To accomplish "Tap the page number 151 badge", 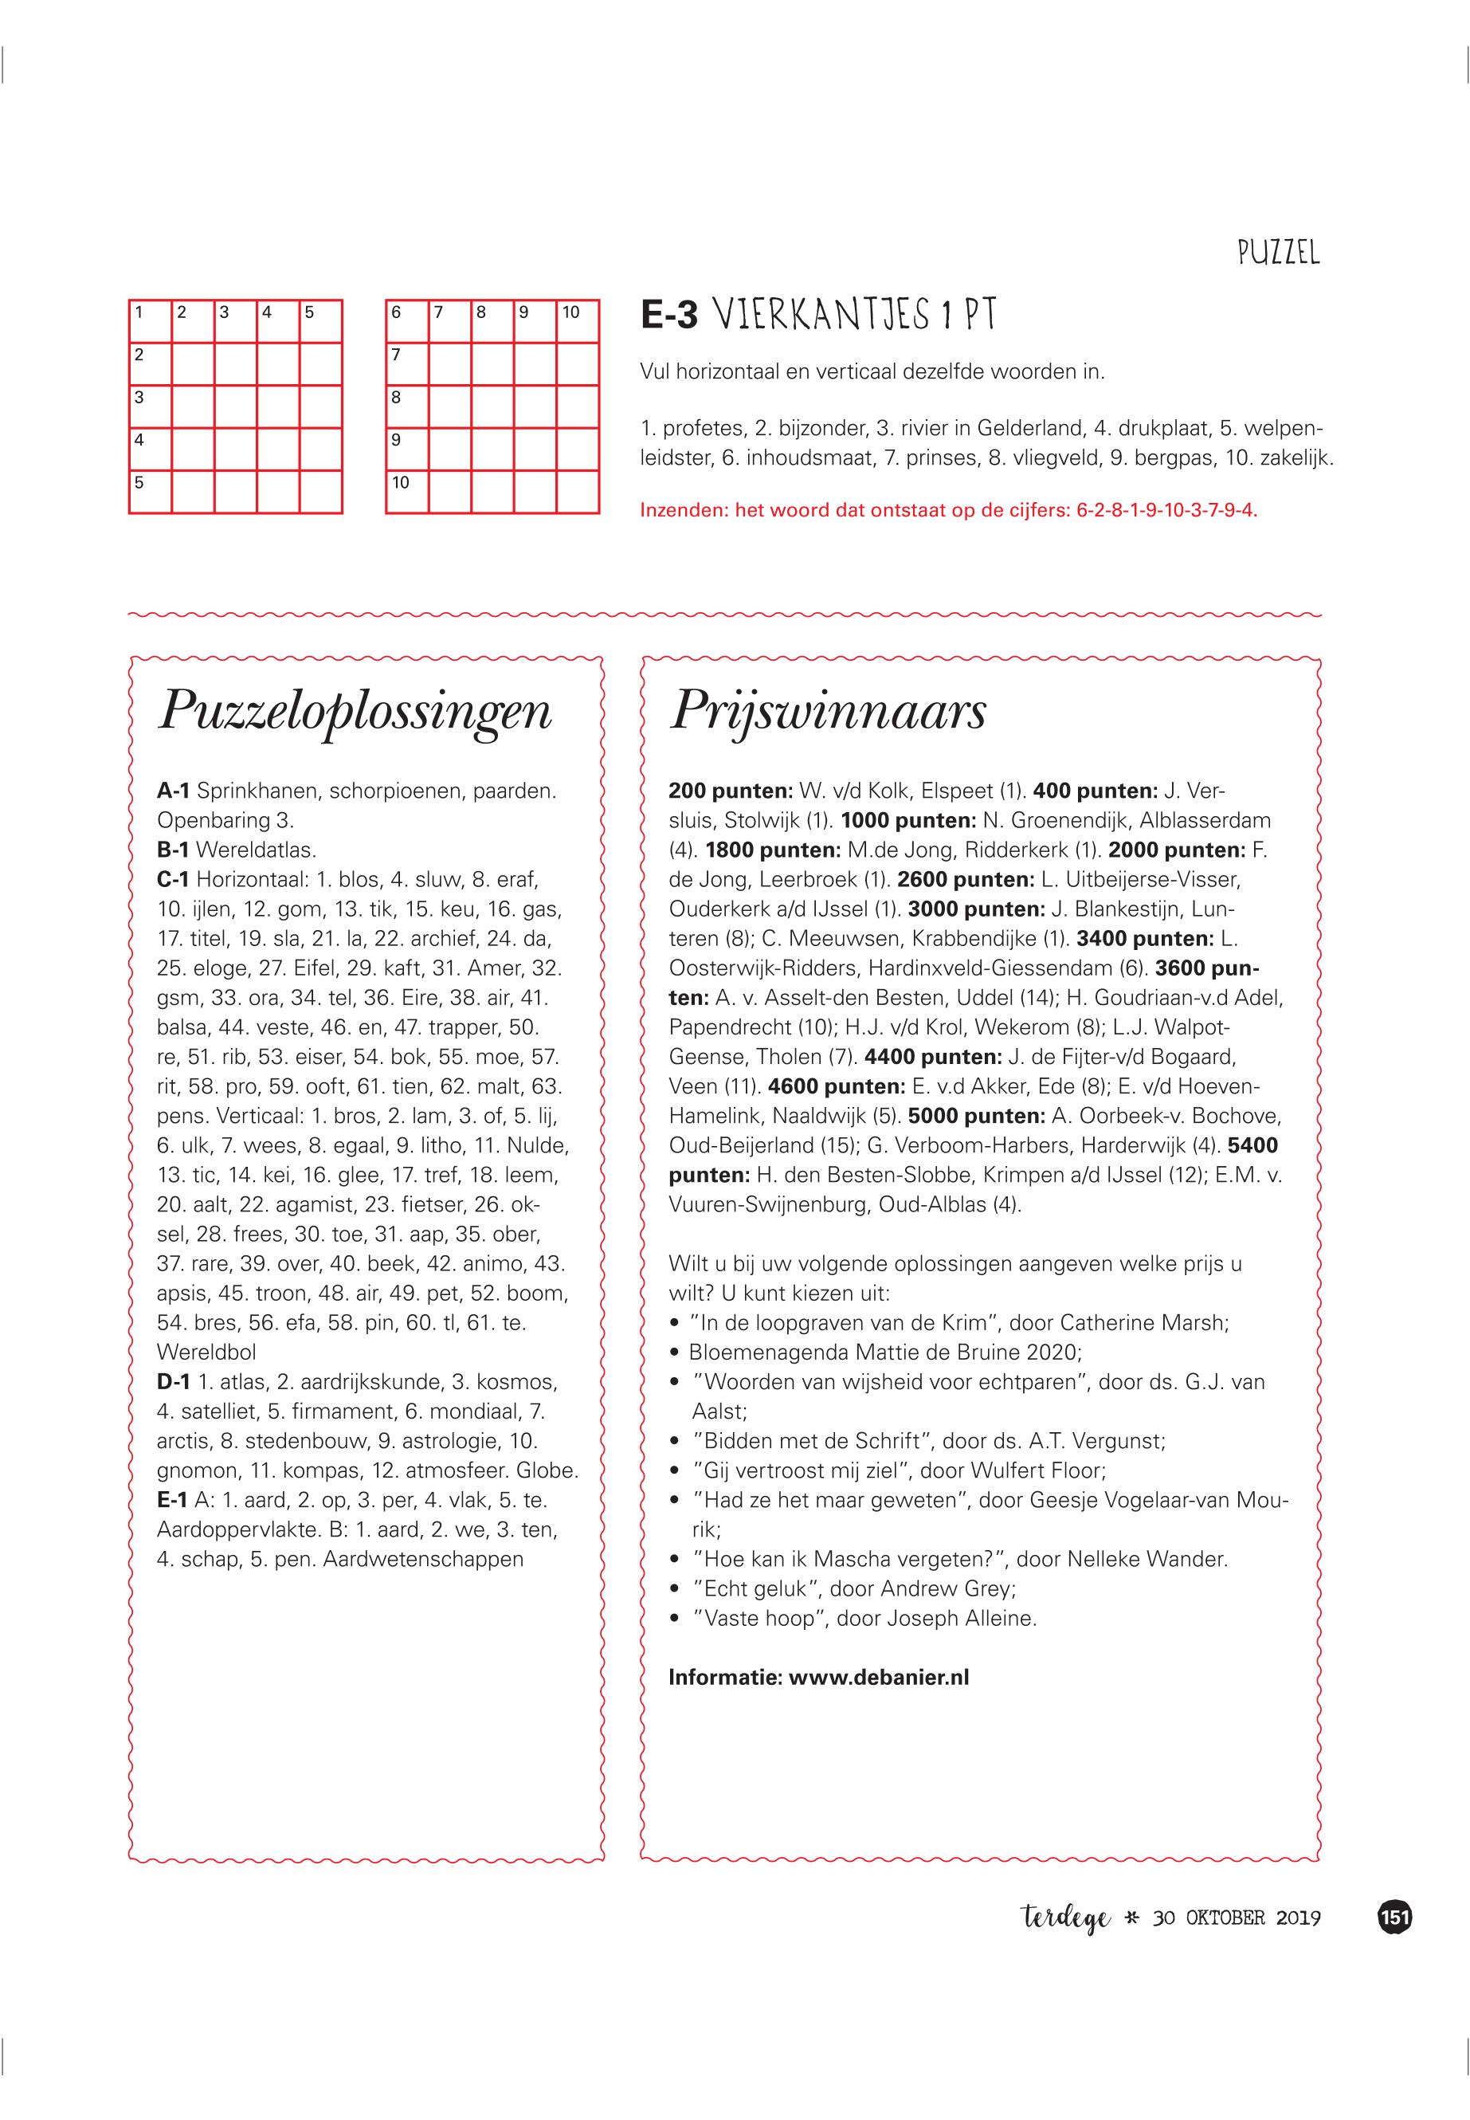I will pyautogui.click(x=1394, y=1918).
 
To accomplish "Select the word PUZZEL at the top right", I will pyautogui.click(x=1279, y=253).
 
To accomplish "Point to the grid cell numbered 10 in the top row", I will pyautogui.click(x=578, y=321).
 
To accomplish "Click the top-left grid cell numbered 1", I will pyautogui.click(x=150, y=321).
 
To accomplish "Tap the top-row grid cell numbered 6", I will pyautogui.click(x=407, y=321).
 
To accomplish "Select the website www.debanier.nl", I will pyautogui.click(x=879, y=1677).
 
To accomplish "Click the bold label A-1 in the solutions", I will pyautogui.click(x=173, y=791).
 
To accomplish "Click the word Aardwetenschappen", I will pyautogui.click(x=423, y=1559).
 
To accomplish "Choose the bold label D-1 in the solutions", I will pyautogui.click(x=173, y=1382).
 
